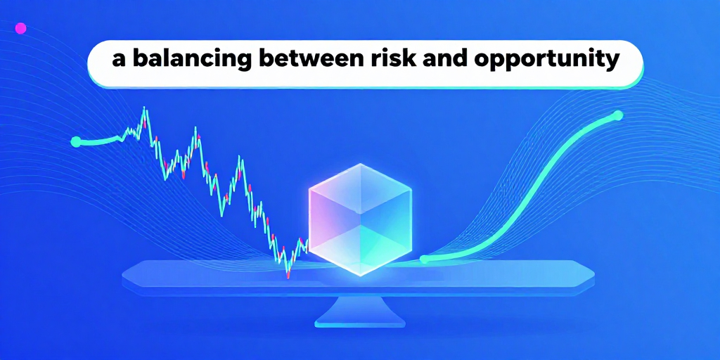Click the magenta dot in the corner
(x=20, y=28)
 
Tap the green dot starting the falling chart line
(x=76, y=142)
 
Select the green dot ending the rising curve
(x=619, y=115)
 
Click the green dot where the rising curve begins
(x=424, y=259)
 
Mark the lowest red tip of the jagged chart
(x=288, y=276)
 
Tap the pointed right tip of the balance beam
(x=594, y=271)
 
